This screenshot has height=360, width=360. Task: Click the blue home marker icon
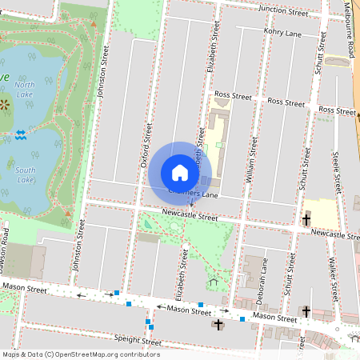point(180,173)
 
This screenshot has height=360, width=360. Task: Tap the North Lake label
point(25,89)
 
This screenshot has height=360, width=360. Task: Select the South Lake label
point(25,174)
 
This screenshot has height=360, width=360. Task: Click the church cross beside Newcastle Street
point(306,218)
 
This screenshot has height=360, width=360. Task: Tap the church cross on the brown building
point(218,324)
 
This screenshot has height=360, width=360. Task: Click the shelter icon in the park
point(213,282)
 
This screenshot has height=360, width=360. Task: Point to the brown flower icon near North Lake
point(6,105)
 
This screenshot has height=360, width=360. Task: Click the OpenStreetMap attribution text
point(80,354)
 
